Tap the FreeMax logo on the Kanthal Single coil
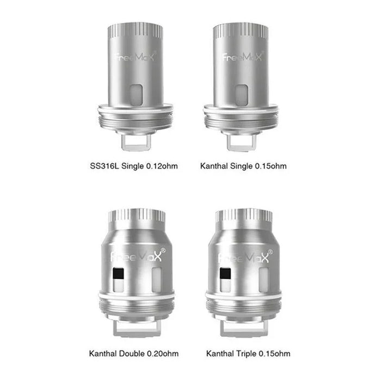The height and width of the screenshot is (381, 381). tap(242, 57)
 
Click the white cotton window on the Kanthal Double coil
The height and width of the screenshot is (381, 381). tap(156, 278)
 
